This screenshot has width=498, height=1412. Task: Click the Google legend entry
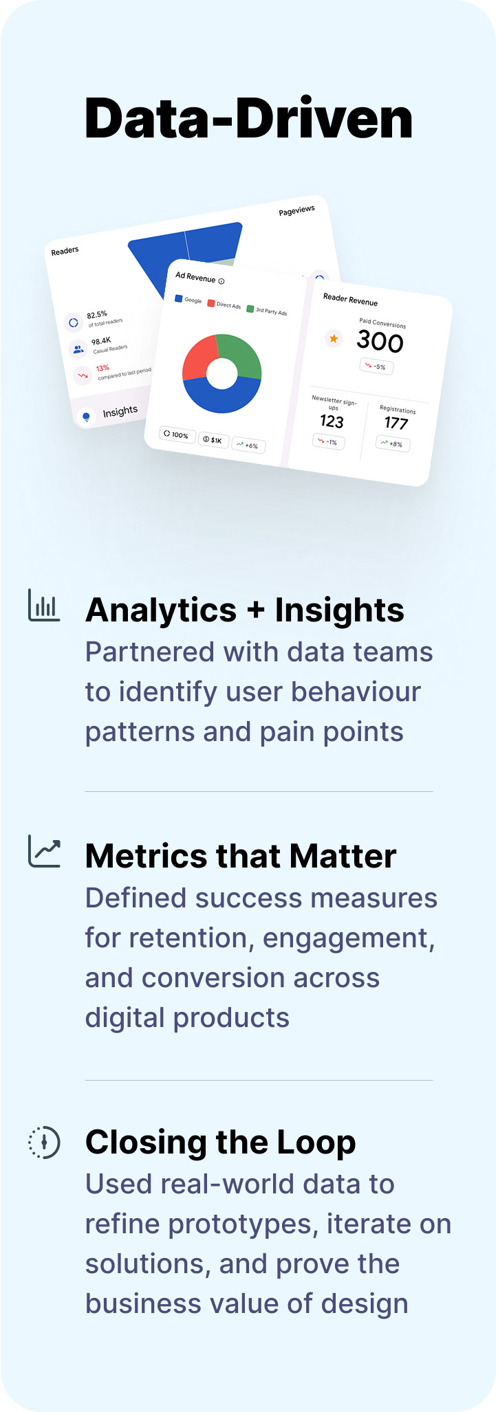[188, 300]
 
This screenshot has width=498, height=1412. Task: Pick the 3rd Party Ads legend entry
[267, 311]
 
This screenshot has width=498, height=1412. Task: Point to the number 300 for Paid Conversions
[380, 342]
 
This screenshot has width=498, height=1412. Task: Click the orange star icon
[334, 338]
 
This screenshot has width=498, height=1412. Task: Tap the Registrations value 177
[396, 423]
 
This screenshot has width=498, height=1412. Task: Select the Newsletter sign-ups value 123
[332, 421]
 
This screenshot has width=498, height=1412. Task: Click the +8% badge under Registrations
[393, 444]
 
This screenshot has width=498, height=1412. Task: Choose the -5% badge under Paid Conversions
[376, 366]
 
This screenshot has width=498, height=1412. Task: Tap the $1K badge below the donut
[213, 440]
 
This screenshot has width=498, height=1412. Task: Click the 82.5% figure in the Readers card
[97, 315]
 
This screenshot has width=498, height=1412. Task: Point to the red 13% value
[102, 368]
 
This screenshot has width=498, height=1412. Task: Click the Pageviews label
[297, 210]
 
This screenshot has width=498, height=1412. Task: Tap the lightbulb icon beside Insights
[86, 417]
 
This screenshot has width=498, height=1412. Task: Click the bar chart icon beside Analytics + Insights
[44, 605]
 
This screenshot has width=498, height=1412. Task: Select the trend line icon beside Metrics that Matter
[44, 851]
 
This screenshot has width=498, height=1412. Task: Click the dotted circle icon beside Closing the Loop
[44, 1143]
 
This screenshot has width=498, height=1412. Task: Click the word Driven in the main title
[324, 120]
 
